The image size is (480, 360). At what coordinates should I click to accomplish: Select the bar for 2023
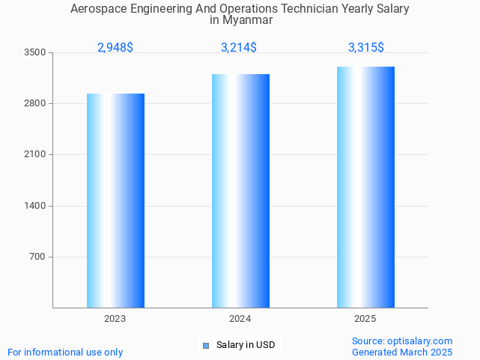click(x=115, y=201)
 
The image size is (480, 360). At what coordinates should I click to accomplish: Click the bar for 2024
click(x=240, y=191)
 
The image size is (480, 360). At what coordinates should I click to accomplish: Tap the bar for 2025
click(x=365, y=187)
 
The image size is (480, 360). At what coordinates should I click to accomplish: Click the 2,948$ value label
click(x=115, y=48)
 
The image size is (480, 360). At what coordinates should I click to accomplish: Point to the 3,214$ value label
click(x=239, y=48)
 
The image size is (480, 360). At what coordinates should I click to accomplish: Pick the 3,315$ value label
click(x=366, y=48)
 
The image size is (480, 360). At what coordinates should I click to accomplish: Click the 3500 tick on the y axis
click(x=35, y=52)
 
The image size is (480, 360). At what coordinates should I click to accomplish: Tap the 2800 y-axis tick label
click(x=35, y=103)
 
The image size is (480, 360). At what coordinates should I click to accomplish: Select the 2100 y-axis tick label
click(x=35, y=155)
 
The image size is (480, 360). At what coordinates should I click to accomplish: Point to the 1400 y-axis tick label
click(x=35, y=206)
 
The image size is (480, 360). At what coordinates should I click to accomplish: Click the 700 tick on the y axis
click(x=37, y=257)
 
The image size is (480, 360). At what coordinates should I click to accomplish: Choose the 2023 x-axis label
click(x=115, y=319)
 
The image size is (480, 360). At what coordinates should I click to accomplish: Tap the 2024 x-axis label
click(x=240, y=319)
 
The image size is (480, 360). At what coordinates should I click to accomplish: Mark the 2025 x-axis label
click(x=365, y=319)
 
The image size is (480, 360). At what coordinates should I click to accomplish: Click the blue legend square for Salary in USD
click(x=206, y=345)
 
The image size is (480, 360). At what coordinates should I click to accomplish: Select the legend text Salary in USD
click(x=246, y=345)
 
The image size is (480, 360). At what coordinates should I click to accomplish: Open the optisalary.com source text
click(x=402, y=341)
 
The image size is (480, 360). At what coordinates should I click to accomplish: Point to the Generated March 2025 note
click(x=402, y=352)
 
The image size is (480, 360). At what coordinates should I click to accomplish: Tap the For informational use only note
click(x=65, y=352)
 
